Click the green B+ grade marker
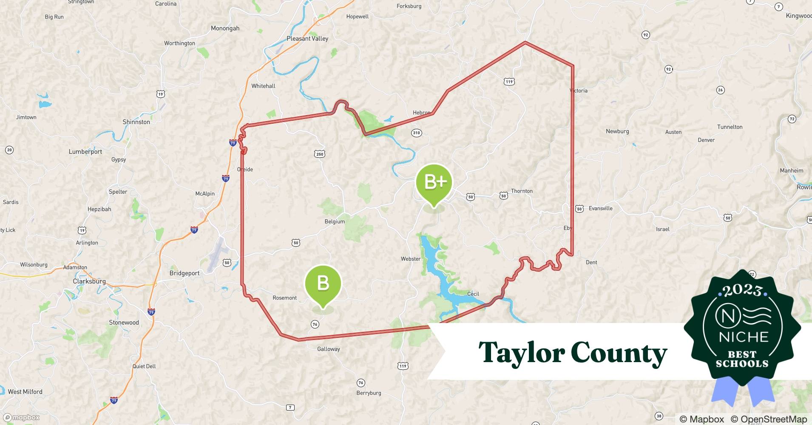tap(434, 182)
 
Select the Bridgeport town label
tap(184, 273)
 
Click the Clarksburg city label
tap(89, 281)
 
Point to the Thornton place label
tap(522, 191)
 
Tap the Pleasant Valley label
tap(307, 39)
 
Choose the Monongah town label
tap(225, 28)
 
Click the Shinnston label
tap(136, 122)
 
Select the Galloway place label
tap(329, 349)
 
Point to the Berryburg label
tap(369, 393)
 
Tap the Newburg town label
tap(617, 131)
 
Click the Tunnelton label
tap(730, 127)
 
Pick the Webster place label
tap(411, 259)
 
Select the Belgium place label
tap(335, 222)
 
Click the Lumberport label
tap(85, 152)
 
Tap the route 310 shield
tap(416, 133)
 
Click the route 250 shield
tap(320, 154)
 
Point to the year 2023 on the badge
tap(742, 290)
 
